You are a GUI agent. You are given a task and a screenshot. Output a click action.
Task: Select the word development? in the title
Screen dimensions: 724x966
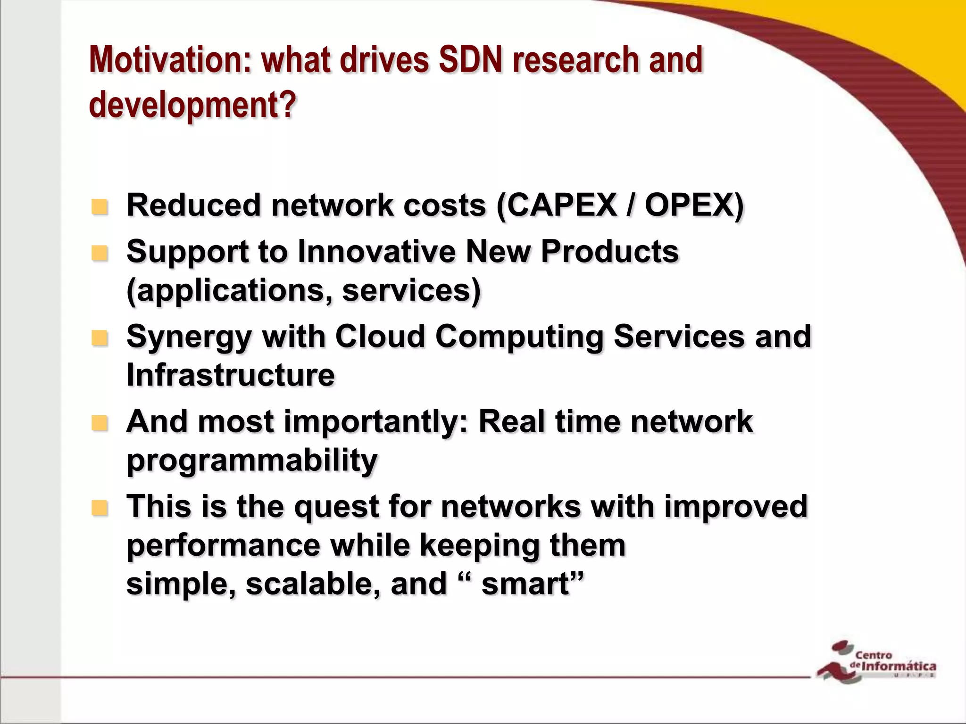coord(192,105)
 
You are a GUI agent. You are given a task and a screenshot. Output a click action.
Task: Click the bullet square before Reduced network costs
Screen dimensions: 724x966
coord(100,207)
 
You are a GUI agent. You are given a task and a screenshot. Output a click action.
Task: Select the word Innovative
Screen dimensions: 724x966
coord(376,251)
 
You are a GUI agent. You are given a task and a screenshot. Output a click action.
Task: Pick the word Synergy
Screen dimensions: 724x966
coord(189,337)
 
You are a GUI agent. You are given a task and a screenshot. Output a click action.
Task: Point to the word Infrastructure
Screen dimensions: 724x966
coord(231,375)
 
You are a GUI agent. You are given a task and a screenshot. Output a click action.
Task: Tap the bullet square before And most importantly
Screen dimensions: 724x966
coord(100,423)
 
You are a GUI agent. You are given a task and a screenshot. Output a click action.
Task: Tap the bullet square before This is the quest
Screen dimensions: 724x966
coord(100,508)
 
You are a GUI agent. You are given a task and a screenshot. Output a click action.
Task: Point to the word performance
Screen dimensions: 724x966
coord(224,546)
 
